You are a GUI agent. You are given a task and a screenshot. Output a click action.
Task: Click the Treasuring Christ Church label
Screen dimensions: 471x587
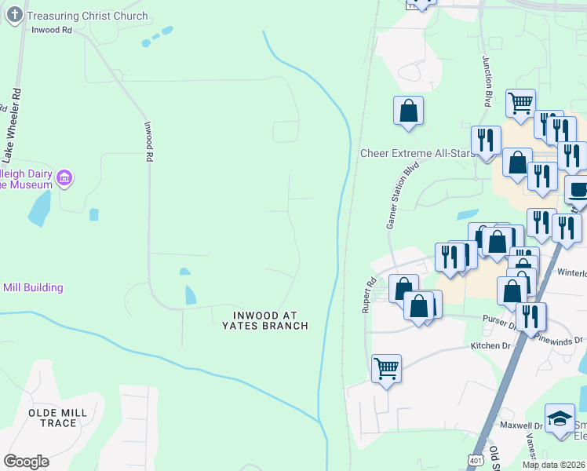point(86,16)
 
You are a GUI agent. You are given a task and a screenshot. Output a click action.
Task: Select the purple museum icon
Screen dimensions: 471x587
point(65,179)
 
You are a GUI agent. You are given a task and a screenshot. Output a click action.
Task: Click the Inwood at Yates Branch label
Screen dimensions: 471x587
point(264,320)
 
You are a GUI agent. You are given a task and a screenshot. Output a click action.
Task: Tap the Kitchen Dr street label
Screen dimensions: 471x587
point(490,345)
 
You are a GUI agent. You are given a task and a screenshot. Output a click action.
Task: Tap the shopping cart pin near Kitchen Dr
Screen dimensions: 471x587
point(386,367)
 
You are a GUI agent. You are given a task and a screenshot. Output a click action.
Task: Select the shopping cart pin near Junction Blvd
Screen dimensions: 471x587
point(520,103)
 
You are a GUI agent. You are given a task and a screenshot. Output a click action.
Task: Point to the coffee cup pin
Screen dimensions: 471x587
point(578,190)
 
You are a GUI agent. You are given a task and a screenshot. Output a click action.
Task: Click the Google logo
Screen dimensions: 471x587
point(26,462)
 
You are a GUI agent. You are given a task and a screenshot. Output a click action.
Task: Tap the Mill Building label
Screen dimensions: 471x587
point(33,287)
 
